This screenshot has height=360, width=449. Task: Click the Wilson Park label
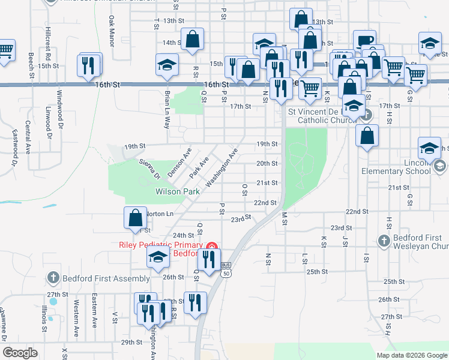(177, 192)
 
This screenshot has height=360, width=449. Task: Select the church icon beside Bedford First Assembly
(53, 278)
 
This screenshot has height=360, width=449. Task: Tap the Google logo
(20, 353)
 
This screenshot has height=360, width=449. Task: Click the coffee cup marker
(364, 41)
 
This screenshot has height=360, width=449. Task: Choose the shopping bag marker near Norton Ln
(136, 218)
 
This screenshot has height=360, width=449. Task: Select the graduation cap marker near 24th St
(158, 257)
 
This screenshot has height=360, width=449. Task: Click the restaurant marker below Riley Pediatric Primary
(208, 261)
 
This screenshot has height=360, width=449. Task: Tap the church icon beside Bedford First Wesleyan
(385, 241)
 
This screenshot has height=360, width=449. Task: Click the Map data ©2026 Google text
(412, 355)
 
